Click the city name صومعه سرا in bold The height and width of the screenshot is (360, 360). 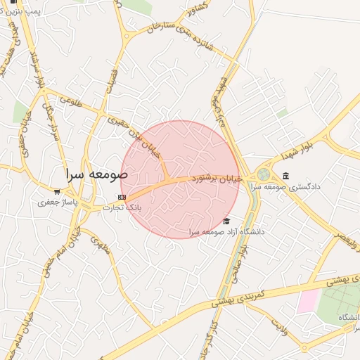coord(94,173)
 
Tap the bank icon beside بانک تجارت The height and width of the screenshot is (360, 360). coord(122,197)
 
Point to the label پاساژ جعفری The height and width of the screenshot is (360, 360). coord(56,202)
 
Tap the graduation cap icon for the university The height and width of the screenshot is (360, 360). coord(226,220)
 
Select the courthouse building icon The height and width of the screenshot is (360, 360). coord(285,176)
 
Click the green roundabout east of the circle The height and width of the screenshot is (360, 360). coord(264,174)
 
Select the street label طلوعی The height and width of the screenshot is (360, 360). coord(70,102)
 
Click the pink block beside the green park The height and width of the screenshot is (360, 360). coord(307,301)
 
